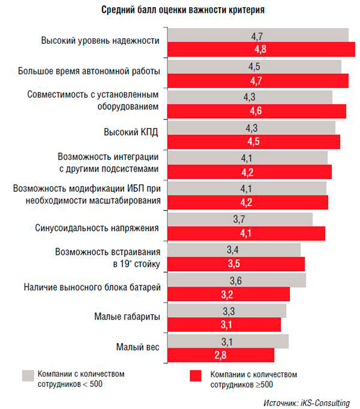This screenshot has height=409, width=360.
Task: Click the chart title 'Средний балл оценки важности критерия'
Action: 181,11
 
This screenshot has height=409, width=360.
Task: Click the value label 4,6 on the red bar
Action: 255,110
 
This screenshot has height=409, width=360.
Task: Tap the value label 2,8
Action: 220,356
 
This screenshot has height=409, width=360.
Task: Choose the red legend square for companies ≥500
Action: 194,376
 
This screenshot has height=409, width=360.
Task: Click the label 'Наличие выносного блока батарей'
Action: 92,287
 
